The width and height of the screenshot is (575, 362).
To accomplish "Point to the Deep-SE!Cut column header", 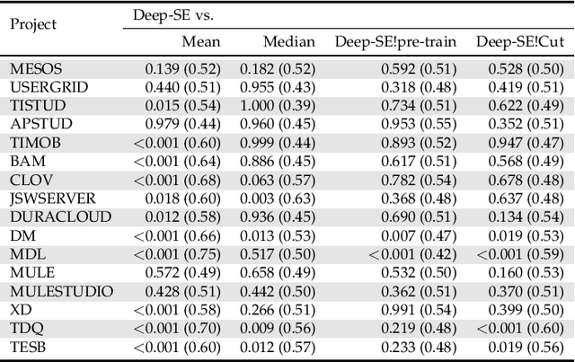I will point(519,41).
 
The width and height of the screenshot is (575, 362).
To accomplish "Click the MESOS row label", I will point(33,68).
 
